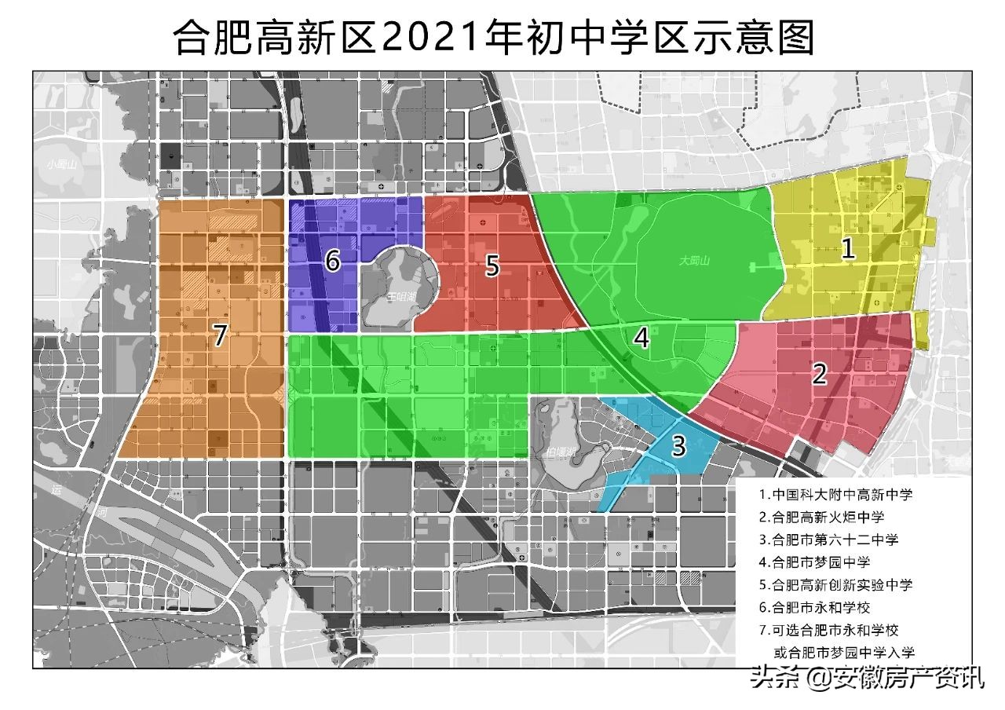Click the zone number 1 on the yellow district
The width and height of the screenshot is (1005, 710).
(x=848, y=249)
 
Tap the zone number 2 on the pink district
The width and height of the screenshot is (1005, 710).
(x=819, y=374)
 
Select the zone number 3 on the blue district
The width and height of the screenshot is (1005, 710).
(x=678, y=446)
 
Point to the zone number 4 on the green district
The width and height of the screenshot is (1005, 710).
(x=641, y=338)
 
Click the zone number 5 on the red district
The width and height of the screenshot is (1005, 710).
(x=492, y=265)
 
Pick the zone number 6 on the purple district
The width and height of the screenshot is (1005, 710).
(x=333, y=262)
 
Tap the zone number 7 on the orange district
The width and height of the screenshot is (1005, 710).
(x=221, y=336)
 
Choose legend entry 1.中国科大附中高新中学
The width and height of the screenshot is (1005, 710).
(x=836, y=496)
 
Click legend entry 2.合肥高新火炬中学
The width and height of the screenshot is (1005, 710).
(x=822, y=517)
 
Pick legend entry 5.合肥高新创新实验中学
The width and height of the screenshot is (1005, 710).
(x=836, y=585)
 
